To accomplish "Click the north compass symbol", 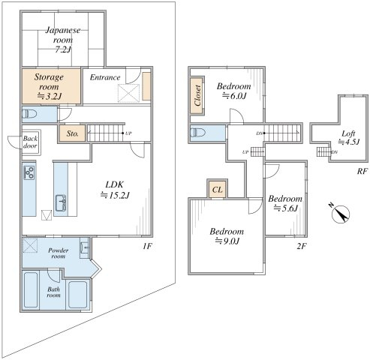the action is coord(340,214).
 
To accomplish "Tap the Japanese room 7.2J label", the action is coord(63,40).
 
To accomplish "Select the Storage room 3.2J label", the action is coord(49,86).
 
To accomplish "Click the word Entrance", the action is coord(105,77).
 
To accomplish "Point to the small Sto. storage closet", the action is coord(73,133).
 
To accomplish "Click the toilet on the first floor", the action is coord(29,114).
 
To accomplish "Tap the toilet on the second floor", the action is coord(198,132).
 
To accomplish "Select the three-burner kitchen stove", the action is coord(29,172).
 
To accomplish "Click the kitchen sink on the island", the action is coord(61,202).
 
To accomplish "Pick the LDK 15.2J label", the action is coord(115,190).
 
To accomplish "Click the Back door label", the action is coord(30,142).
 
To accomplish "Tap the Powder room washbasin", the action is coord(84,247).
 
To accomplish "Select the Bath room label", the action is coord(53,292).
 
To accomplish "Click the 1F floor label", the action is coord(148,246).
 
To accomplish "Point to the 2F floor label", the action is coord(302,246).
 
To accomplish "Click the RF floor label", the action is coord(362,171).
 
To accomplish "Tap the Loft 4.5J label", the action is coord(349,138).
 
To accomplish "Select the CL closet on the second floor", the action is coord(217,189).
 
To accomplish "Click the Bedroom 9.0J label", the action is coord(227,236).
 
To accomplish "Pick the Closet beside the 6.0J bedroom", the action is coord(197,95).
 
